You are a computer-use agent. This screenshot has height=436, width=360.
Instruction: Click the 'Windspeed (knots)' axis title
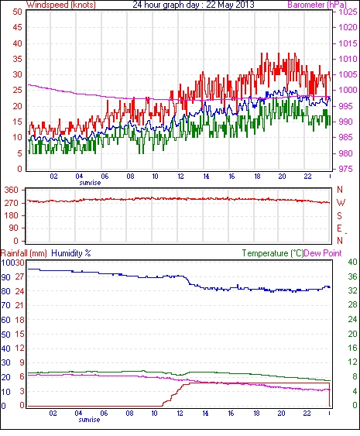[x=61, y=5]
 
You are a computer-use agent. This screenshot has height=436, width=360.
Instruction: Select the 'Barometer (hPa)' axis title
[x=317, y=5]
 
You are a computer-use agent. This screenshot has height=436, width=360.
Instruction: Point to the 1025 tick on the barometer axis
[x=348, y=12]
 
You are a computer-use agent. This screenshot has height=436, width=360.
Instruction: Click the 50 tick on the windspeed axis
[x=17, y=12]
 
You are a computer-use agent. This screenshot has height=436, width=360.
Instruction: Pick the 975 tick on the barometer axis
[x=345, y=169]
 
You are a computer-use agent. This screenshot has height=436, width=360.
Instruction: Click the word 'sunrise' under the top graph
[x=90, y=183]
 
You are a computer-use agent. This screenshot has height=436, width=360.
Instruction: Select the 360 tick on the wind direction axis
[x=12, y=191]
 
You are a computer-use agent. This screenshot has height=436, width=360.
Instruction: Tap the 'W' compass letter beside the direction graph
[x=341, y=203]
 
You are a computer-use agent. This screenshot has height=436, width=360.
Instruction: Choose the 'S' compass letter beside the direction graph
[x=339, y=215]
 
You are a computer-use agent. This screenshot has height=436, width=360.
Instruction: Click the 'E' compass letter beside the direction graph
[x=339, y=228]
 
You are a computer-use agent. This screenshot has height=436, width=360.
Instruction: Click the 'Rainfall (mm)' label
[x=24, y=253]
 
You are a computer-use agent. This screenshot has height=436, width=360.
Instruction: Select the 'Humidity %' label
[x=71, y=253]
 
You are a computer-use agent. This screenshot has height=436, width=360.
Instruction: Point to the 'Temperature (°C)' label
[x=273, y=253]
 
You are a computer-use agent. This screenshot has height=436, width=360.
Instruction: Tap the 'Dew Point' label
[x=323, y=253]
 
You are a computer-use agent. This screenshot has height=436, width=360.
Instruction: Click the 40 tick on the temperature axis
[x=352, y=262]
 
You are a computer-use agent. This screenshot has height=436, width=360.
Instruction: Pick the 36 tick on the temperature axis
[x=352, y=276]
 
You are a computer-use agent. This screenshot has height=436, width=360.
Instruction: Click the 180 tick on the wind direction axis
[x=12, y=215]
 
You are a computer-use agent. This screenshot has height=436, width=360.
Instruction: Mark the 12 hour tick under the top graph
[x=180, y=177]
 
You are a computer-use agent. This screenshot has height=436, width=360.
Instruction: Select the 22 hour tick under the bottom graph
[x=307, y=414]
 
